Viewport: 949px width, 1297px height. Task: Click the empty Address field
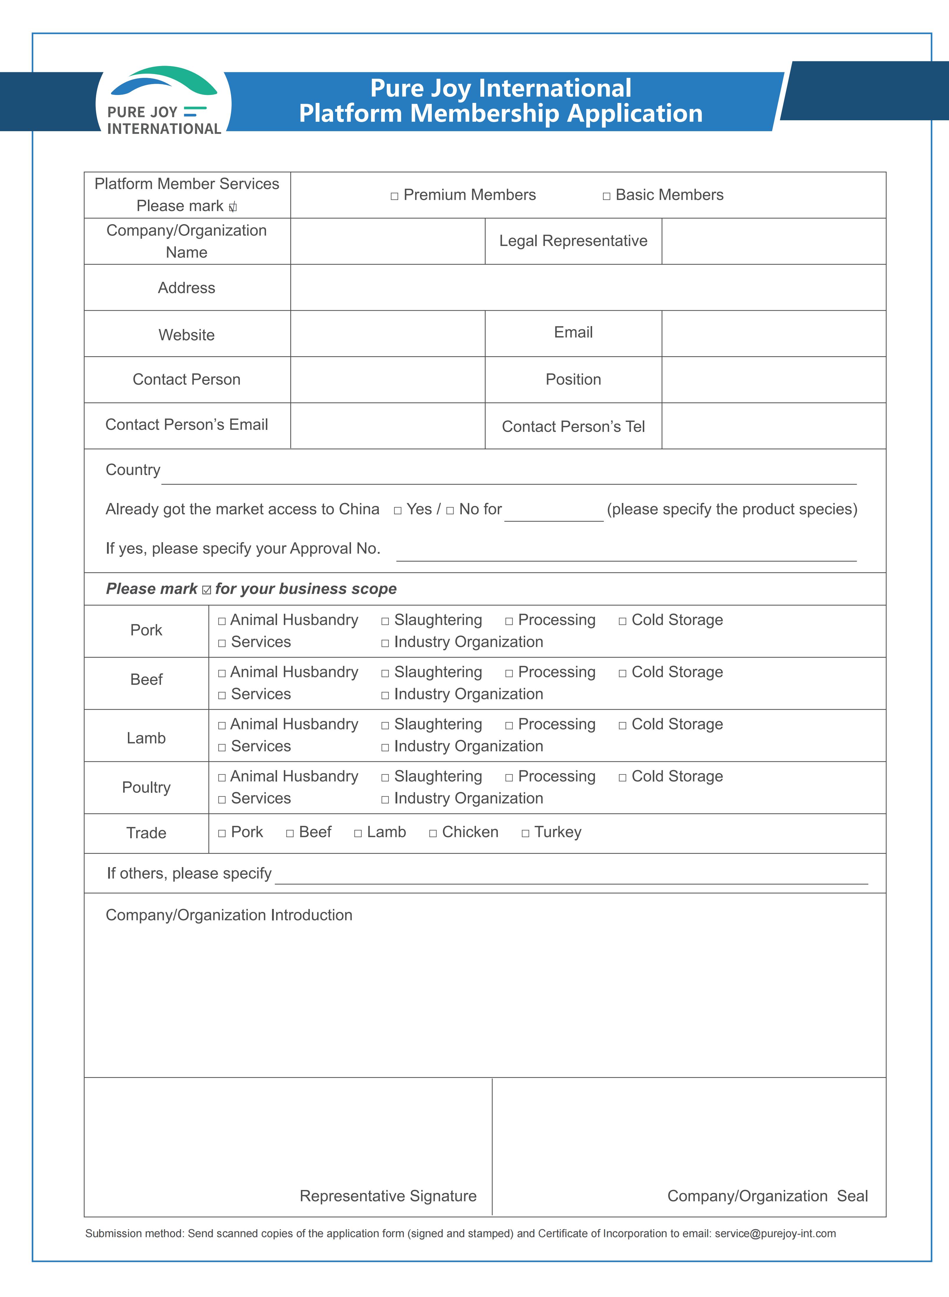click(588, 287)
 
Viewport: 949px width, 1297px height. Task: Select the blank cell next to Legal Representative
click(773, 241)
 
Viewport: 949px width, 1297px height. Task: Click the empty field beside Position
click(773, 379)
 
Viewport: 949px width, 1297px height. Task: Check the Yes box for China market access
click(398, 510)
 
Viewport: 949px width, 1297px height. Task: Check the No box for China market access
click(450, 510)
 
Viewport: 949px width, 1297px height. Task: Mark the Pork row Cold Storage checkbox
click(622, 621)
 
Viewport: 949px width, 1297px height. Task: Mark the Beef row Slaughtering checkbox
click(385, 673)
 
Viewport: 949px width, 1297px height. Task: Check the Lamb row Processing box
click(509, 726)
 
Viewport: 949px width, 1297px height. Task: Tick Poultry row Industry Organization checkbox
click(385, 799)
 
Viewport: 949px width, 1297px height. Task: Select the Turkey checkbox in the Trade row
click(525, 833)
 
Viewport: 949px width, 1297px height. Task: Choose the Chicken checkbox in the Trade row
click(433, 833)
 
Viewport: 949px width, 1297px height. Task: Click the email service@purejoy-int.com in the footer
click(775, 1233)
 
